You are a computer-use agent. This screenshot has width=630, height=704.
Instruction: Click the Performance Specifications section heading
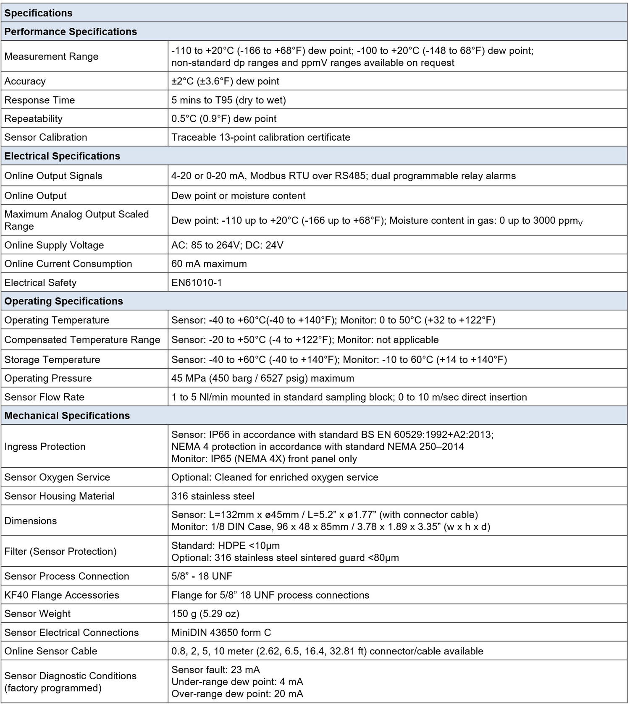tap(71, 32)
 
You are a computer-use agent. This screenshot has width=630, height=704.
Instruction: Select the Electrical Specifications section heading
tap(62, 156)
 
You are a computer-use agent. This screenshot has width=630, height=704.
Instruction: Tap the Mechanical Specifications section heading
tap(67, 416)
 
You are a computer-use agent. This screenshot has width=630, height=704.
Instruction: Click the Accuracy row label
tap(25, 81)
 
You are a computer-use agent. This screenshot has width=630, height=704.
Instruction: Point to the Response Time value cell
tap(228, 100)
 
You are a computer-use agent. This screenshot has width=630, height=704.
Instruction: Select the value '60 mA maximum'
tap(209, 264)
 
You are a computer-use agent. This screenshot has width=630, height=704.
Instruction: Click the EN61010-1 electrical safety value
tap(197, 283)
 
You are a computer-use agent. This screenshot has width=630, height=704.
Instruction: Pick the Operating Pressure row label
tap(48, 378)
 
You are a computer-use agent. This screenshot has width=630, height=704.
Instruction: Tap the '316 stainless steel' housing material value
tap(213, 496)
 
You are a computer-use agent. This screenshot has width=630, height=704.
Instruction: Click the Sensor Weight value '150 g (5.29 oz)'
tap(205, 614)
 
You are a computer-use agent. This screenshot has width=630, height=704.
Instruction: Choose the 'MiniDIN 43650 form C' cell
tap(221, 633)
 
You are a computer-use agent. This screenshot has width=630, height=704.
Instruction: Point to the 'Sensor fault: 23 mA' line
tap(215, 670)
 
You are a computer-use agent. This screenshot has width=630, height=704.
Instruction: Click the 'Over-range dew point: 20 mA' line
tap(237, 694)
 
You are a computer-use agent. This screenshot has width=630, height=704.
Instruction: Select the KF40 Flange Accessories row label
tap(62, 595)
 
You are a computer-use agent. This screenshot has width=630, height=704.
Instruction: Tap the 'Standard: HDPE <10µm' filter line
tap(226, 546)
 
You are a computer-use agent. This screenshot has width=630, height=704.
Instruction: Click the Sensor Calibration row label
tap(46, 137)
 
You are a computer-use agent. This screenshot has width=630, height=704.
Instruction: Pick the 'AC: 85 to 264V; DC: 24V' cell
tap(227, 245)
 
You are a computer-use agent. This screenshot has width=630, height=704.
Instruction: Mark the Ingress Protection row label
tap(45, 447)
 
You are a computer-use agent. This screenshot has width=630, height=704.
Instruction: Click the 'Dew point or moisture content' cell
tap(238, 196)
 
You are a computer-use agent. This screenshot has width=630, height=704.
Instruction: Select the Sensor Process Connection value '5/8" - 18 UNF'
tap(202, 576)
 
